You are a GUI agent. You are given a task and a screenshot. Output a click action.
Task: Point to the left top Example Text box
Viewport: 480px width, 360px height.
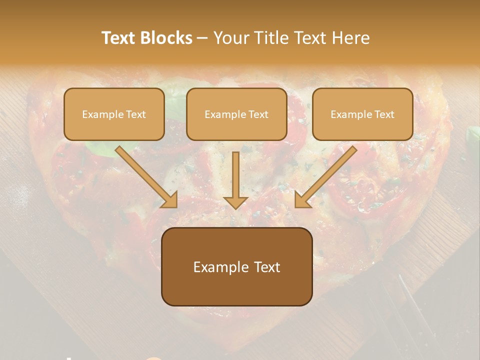point(114,114)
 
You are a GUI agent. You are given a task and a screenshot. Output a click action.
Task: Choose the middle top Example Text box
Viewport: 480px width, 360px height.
point(236,114)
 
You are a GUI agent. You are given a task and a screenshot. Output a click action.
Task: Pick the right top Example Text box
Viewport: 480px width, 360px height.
point(362,114)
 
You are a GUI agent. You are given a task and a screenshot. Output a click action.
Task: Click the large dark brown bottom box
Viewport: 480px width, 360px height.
point(236,266)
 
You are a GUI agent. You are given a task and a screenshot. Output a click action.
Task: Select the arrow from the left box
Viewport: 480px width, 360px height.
point(145,175)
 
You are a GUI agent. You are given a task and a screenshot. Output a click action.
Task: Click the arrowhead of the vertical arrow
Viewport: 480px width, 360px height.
point(235,201)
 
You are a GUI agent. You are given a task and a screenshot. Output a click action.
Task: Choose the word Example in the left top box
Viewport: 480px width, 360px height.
point(98,114)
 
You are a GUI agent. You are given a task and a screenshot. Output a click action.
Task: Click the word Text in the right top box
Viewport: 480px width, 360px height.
point(384,114)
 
